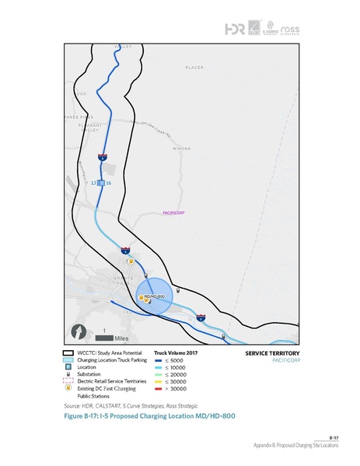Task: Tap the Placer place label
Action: pyautogui.click(x=194, y=68)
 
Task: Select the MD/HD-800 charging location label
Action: pyautogui.click(x=156, y=297)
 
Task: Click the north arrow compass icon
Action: pyautogui.click(x=79, y=331)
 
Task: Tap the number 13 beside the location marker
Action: pyautogui.click(x=93, y=182)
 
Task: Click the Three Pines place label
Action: pyautogui.click(x=77, y=117)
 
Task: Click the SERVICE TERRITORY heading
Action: pyautogui.click(x=267, y=352)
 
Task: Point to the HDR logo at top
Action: pyautogui.click(x=234, y=29)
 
